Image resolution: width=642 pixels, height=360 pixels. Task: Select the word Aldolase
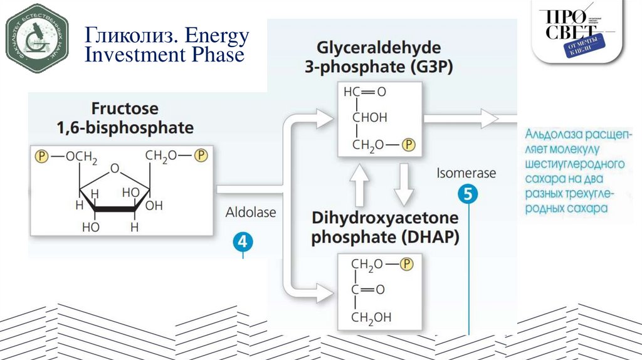coord(251,213)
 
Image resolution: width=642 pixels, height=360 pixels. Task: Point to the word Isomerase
coord(466,172)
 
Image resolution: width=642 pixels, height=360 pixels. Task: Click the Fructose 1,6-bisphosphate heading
coord(125,117)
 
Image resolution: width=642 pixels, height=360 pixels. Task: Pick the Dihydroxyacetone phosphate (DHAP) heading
coord(386,228)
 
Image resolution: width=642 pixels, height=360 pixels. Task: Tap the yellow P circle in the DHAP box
coord(408,264)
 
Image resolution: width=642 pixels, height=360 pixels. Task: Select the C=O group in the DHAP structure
coord(364,290)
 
